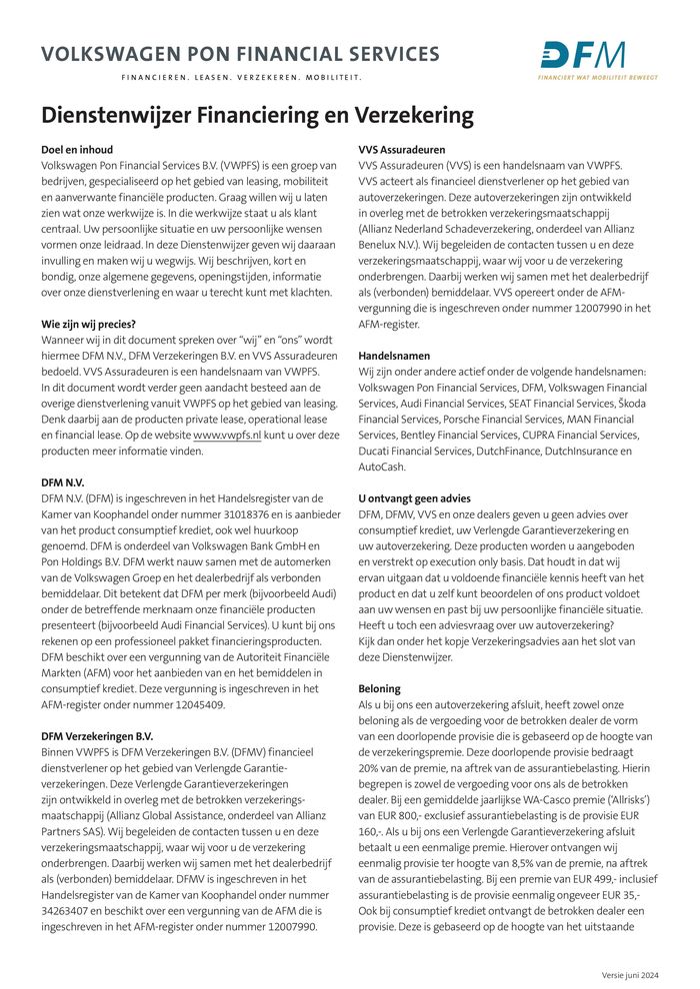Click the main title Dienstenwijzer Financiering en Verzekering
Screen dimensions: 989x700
(257, 115)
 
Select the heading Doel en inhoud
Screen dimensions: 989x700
(77, 150)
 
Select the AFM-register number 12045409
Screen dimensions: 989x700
(194, 705)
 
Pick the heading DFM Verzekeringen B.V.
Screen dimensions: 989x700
(97, 736)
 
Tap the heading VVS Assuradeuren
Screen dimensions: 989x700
(402, 150)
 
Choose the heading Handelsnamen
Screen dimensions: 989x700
(393, 356)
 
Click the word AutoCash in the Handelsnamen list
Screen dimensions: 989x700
(382, 467)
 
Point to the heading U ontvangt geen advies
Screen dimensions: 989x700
(414, 498)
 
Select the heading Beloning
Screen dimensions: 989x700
(379, 689)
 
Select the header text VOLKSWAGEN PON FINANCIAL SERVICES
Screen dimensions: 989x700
(240, 54)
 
